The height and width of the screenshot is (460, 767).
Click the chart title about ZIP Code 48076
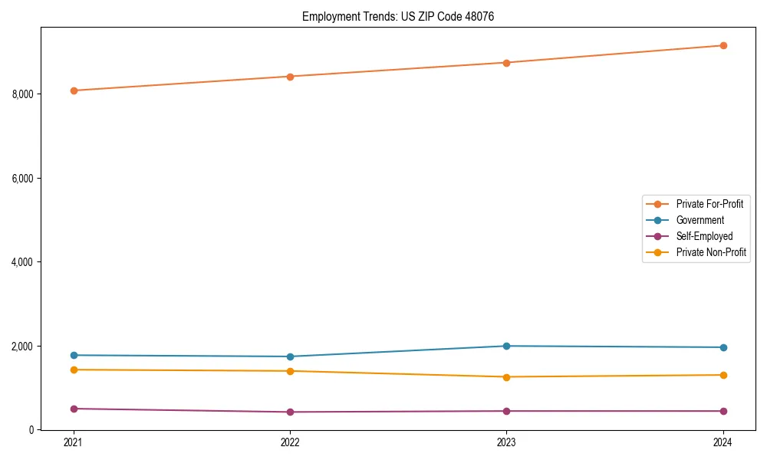click(393, 16)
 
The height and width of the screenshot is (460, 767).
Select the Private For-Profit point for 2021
click(74, 90)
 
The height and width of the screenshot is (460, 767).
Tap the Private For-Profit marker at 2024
click(723, 45)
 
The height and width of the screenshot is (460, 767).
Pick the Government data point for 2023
click(506, 346)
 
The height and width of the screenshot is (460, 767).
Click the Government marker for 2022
click(290, 356)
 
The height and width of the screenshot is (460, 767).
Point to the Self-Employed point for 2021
click(74, 409)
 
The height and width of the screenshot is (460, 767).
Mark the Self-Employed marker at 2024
click(723, 411)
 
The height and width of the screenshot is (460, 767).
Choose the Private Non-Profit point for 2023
click(506, 376)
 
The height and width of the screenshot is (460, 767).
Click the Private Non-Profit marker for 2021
click(74, 370)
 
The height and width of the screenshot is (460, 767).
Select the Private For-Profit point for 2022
click(290, 77)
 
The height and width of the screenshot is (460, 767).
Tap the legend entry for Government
click(700, 220)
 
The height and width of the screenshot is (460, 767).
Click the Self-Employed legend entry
click(704, 236)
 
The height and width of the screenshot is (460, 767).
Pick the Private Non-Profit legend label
click(711, 252)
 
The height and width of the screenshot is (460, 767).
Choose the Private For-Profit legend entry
click(709, 204)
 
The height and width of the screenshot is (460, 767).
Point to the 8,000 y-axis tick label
click(21, 94)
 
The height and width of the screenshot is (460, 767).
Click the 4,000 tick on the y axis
click(21, 262)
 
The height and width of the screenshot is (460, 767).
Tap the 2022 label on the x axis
click(290, 442)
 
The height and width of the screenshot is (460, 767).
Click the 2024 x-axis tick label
click(723, 442)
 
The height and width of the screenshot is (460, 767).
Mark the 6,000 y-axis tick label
click(21, 178)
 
